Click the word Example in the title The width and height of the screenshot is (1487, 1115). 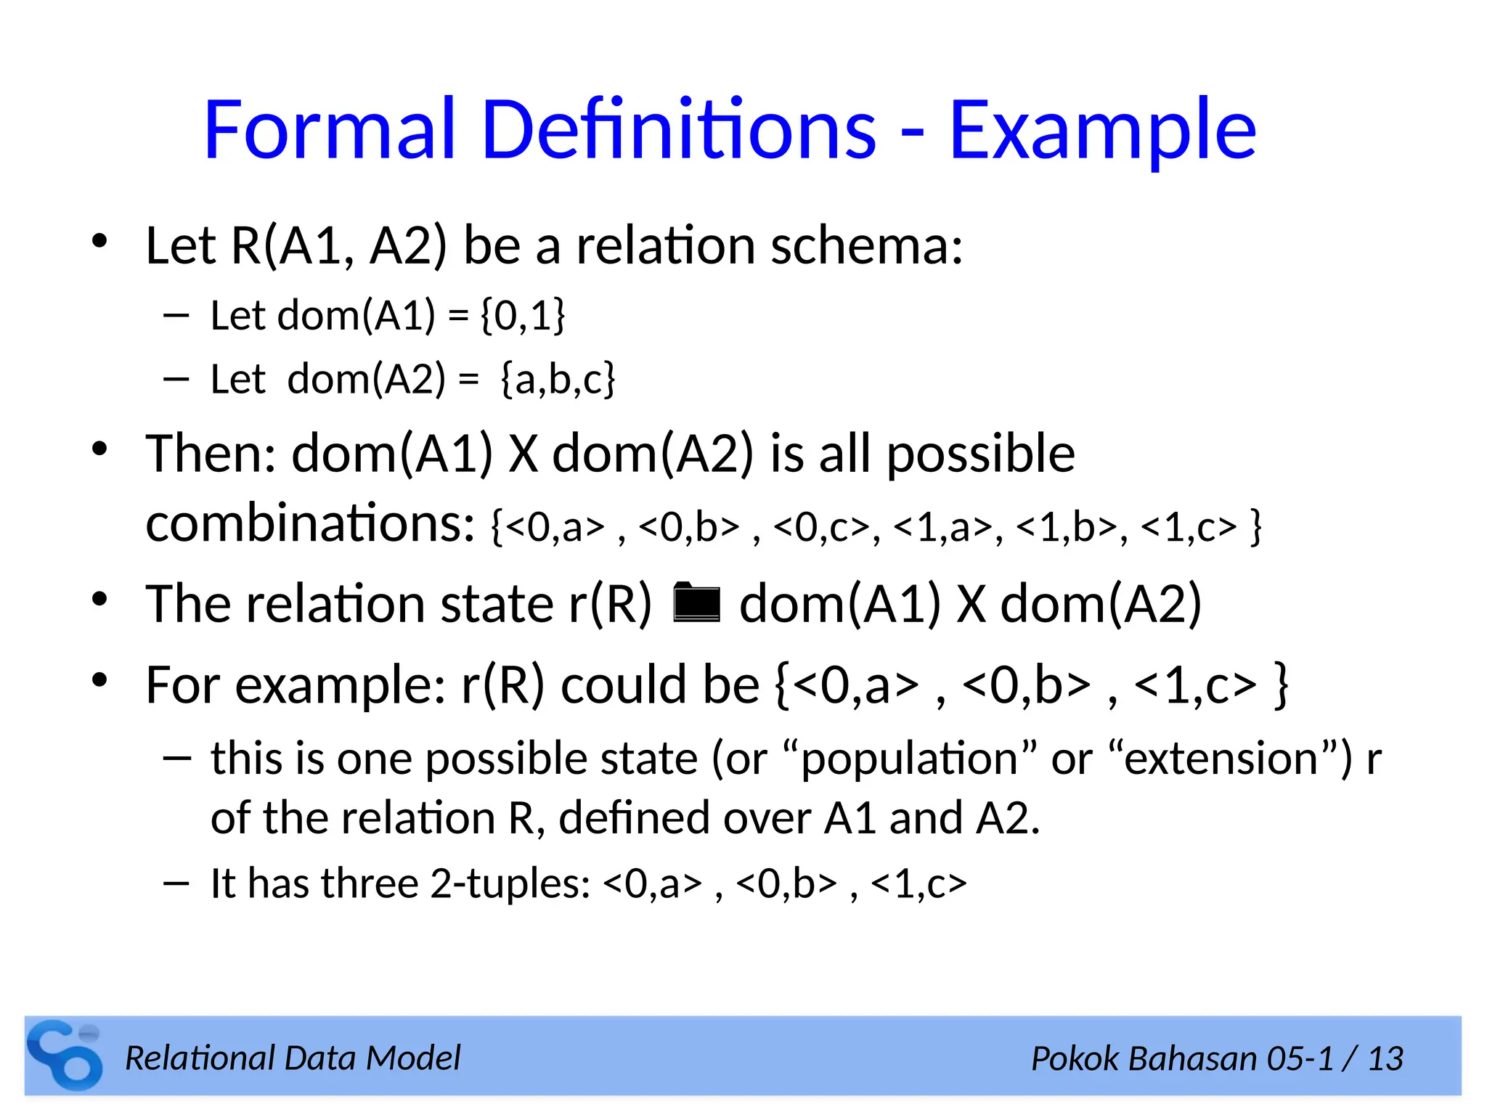(x=1102, y=131)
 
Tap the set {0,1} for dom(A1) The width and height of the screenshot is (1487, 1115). (x=523, y=316)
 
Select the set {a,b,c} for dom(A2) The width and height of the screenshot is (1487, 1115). (x=558, y=379)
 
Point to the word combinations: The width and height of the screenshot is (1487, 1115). (x=310, y=523)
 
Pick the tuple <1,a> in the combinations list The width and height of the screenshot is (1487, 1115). (x=943, y=527)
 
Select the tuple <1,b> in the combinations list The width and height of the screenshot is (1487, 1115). (x=1067, y=527)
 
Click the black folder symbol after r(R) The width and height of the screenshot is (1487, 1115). (x=696, y=603)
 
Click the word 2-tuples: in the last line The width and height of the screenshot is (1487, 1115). (x=510, y=884)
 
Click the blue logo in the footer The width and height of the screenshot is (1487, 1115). (x=65, y=1055)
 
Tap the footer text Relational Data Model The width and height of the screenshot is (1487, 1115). (x=293, y=1058)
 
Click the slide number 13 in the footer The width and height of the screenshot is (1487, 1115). (x=1385, y=1059)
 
